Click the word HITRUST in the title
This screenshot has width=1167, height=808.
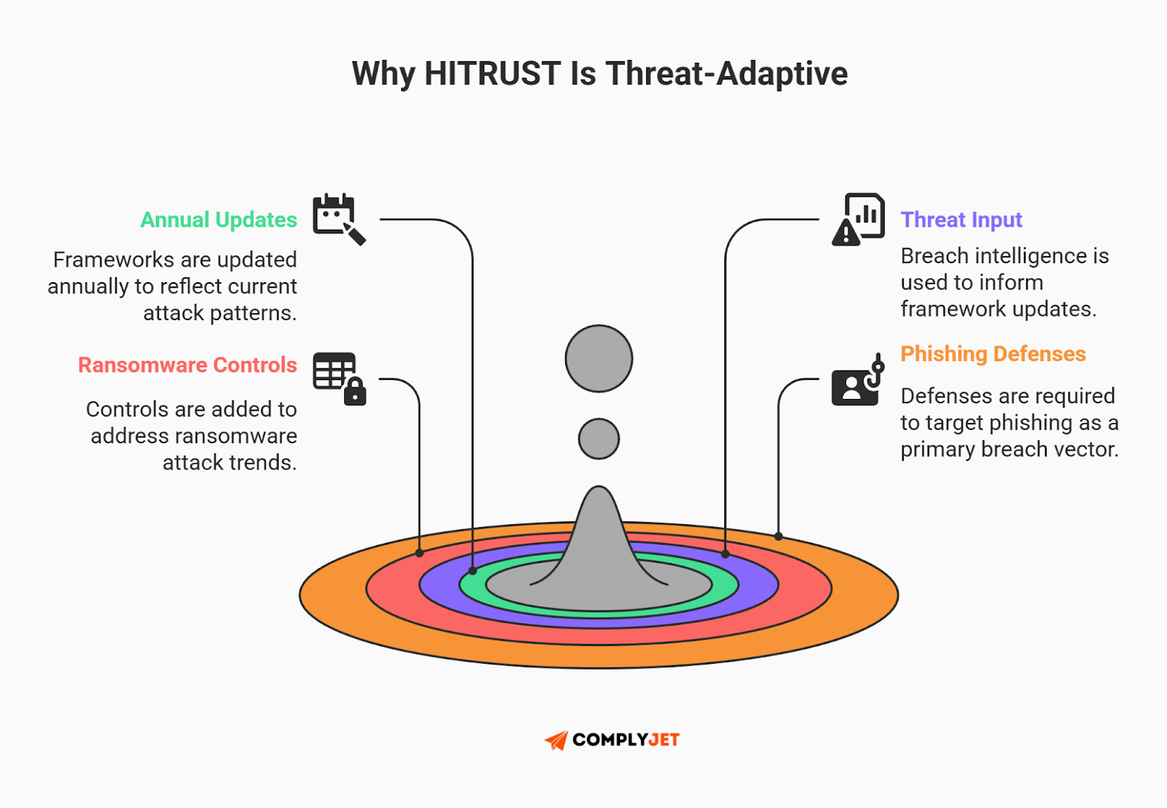(492, 74)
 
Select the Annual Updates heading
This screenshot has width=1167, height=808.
(219, 220)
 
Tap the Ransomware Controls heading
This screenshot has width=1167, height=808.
(187, 365)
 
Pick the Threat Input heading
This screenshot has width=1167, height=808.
(961, 220)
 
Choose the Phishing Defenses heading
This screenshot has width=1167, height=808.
(993, 354)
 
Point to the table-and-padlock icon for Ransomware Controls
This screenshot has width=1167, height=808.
(339, 378)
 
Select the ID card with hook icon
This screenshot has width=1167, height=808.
(858, 381)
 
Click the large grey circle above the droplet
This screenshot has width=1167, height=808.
(599, 359)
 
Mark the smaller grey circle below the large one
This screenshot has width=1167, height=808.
(599, 439)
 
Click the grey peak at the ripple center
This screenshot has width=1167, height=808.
(599, 540)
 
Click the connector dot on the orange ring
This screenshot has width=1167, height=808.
(779, 537)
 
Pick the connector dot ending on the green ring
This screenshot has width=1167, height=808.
(473, 571)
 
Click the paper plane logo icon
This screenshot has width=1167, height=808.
(557, 740)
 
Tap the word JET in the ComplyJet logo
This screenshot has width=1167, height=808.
(664, 740)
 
